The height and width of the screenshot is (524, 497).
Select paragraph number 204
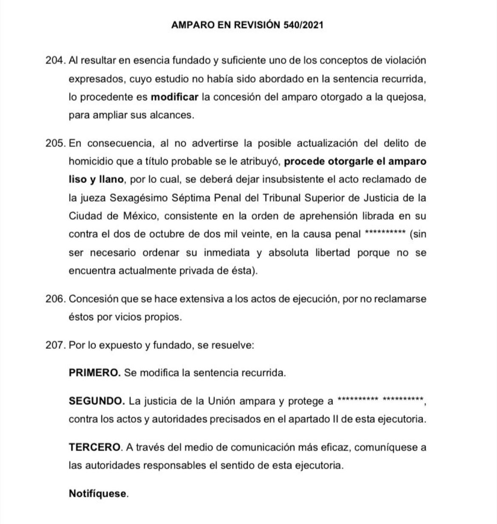(55, 60)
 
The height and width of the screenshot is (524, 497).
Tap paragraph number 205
(55, 143)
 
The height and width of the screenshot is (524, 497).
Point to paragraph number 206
(55, 299)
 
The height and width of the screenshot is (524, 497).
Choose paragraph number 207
(55, 345)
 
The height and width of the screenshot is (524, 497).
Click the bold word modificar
(174, 97)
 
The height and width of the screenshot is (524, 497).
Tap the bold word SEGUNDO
(97, 401)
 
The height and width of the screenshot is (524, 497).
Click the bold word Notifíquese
(98, 494)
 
